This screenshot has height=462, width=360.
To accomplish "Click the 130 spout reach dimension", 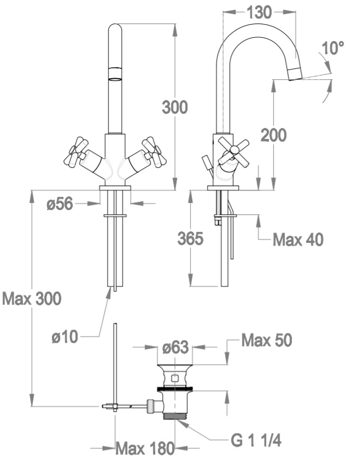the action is [259, 13].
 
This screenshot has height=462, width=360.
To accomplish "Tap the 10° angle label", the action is [333, 48].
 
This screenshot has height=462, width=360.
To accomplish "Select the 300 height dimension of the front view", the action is [175, 107].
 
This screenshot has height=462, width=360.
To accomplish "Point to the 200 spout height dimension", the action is [274, 134].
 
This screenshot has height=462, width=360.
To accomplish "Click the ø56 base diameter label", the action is [60, 203].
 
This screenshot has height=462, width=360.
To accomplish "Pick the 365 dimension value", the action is [191, 238].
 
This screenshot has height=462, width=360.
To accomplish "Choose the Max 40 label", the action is [298, 239].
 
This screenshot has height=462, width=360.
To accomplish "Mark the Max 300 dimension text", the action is [32, 299].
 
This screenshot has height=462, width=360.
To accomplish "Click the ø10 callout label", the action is [65, 336].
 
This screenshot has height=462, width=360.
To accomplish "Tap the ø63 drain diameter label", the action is [175, 347].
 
